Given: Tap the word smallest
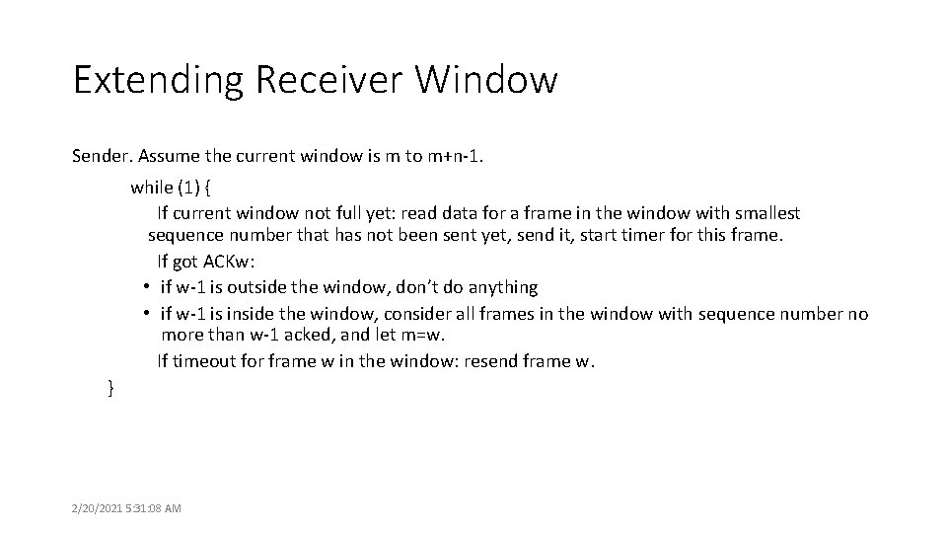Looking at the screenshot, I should click(x=767, y=212).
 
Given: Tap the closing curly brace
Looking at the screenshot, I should click(x=110, y=388).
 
